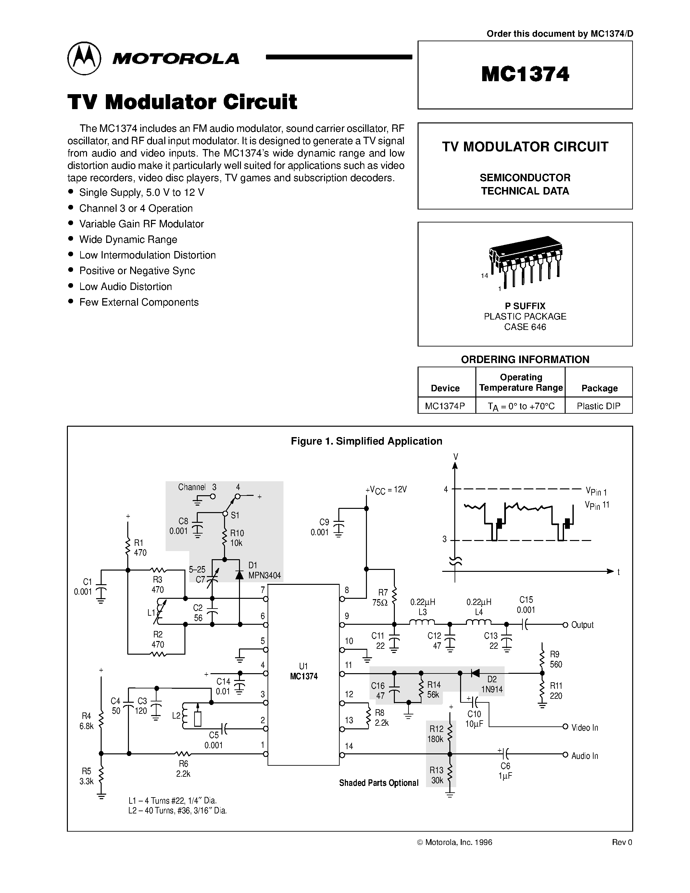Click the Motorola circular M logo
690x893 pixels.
tap(84, 58)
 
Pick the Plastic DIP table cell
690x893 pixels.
tap(598, 406)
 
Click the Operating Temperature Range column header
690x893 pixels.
tap(521, 382)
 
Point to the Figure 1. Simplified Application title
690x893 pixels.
tap(366, 441)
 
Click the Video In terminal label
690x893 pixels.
tap(584, 728)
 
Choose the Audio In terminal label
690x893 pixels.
tap(584, 756)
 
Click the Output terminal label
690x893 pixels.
tap(583, 625)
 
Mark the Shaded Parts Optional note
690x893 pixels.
tap(379, 783)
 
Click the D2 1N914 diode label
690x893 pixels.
tap(491, 685)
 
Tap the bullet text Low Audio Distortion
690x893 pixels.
tap(125, 287)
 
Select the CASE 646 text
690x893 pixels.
tap(525, 327)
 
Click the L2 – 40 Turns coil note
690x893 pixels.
tap(177, 811)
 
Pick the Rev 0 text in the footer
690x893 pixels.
tap(622, 842)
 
